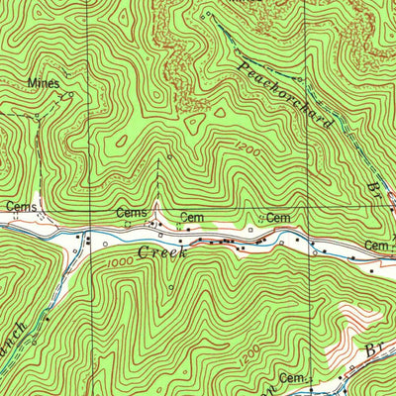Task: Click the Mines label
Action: (44, 83)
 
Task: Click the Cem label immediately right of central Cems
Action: (190, 216)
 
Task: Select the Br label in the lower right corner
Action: (375, 350)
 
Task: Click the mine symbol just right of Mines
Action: (67, 96)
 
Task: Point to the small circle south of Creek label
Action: (170, 288)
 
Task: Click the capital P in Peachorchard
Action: (243, 66)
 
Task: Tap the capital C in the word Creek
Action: (144, 252)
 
